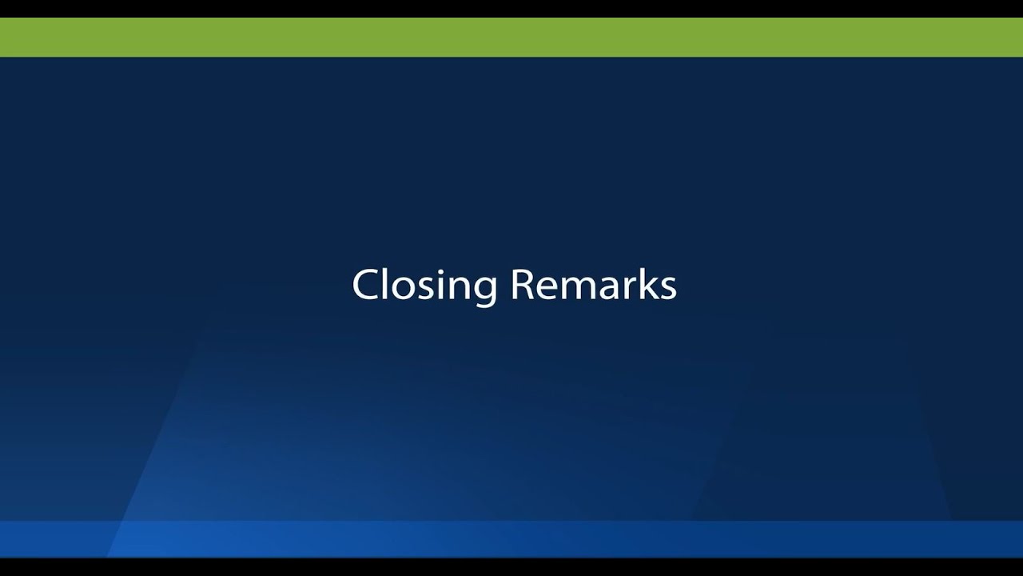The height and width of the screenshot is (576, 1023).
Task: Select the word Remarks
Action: pos(594,285)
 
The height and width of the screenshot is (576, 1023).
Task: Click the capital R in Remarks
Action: pos(522,285)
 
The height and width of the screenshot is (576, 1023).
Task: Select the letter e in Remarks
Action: pos(546,288)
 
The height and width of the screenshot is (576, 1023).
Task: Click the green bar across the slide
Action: pos(511,38)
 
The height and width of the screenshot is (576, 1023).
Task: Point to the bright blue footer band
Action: pos(511,538)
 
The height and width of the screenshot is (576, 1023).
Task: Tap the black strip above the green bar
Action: pos(511,8)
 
